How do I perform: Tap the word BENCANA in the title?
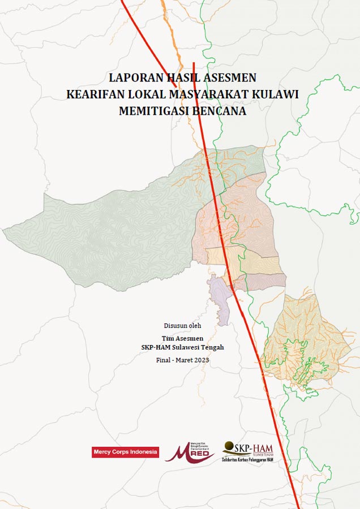pos(220,111)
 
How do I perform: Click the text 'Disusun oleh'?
pos(182,325)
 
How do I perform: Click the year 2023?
pos(202,360)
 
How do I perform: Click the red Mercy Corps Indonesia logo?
pos(126,452)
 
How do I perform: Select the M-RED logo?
pos(191,452)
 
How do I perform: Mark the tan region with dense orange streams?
pos(308,339)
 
